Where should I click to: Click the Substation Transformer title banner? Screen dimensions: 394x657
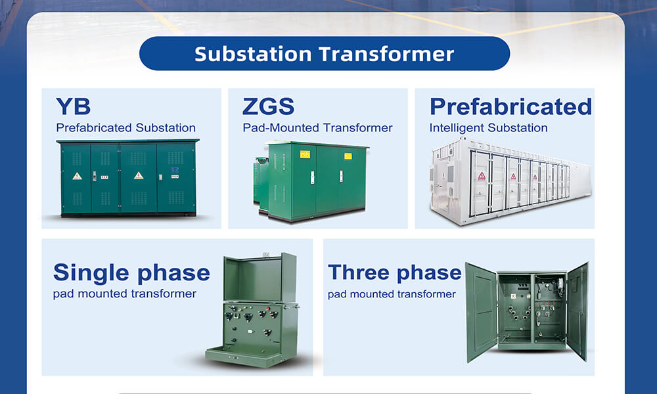click(325, 54)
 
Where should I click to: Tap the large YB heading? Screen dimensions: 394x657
click(73, 106)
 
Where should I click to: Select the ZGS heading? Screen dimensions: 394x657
click(268, 106)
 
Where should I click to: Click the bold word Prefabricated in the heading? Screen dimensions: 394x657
click(510, 106)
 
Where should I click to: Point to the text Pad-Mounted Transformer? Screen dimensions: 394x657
click(317, 127)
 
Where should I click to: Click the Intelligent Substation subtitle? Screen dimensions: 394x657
click(488, 127)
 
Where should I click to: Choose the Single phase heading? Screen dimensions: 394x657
click(131, 273)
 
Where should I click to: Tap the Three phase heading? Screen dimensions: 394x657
click(394, 272)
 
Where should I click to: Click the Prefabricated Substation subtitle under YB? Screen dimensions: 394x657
click(125, 127)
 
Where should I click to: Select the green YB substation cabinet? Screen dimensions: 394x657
click(128, 177)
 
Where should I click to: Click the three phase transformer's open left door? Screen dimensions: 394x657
click(481, 312)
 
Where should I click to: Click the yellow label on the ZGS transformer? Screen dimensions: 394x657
click(305, 154)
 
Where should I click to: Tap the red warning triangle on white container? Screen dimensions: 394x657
click(482, 176)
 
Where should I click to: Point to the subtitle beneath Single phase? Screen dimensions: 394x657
click(125, 294)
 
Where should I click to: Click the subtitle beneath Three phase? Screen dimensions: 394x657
click(392, 294)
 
